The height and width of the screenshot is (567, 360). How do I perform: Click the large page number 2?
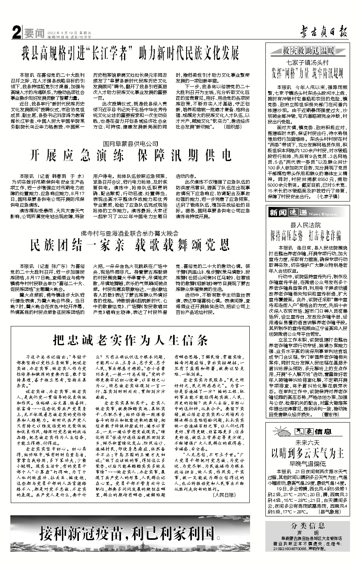[x=16, y=34]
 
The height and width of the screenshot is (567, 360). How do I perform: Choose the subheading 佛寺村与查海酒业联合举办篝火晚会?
[x=129, y=233]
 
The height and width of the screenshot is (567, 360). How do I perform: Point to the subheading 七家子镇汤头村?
[x=308, y=62]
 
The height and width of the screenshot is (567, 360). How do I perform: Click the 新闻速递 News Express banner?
[x=297, y=213]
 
